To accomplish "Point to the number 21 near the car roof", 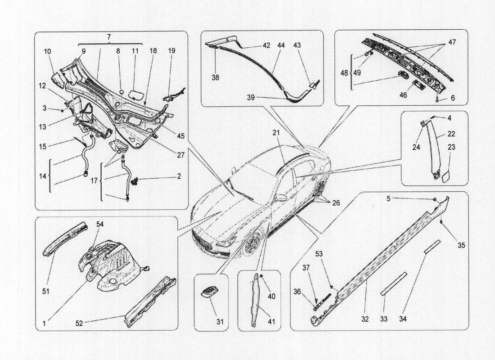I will pos(276,133).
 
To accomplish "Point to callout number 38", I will pos(216,77).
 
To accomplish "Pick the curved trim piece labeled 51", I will pos(63,238).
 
